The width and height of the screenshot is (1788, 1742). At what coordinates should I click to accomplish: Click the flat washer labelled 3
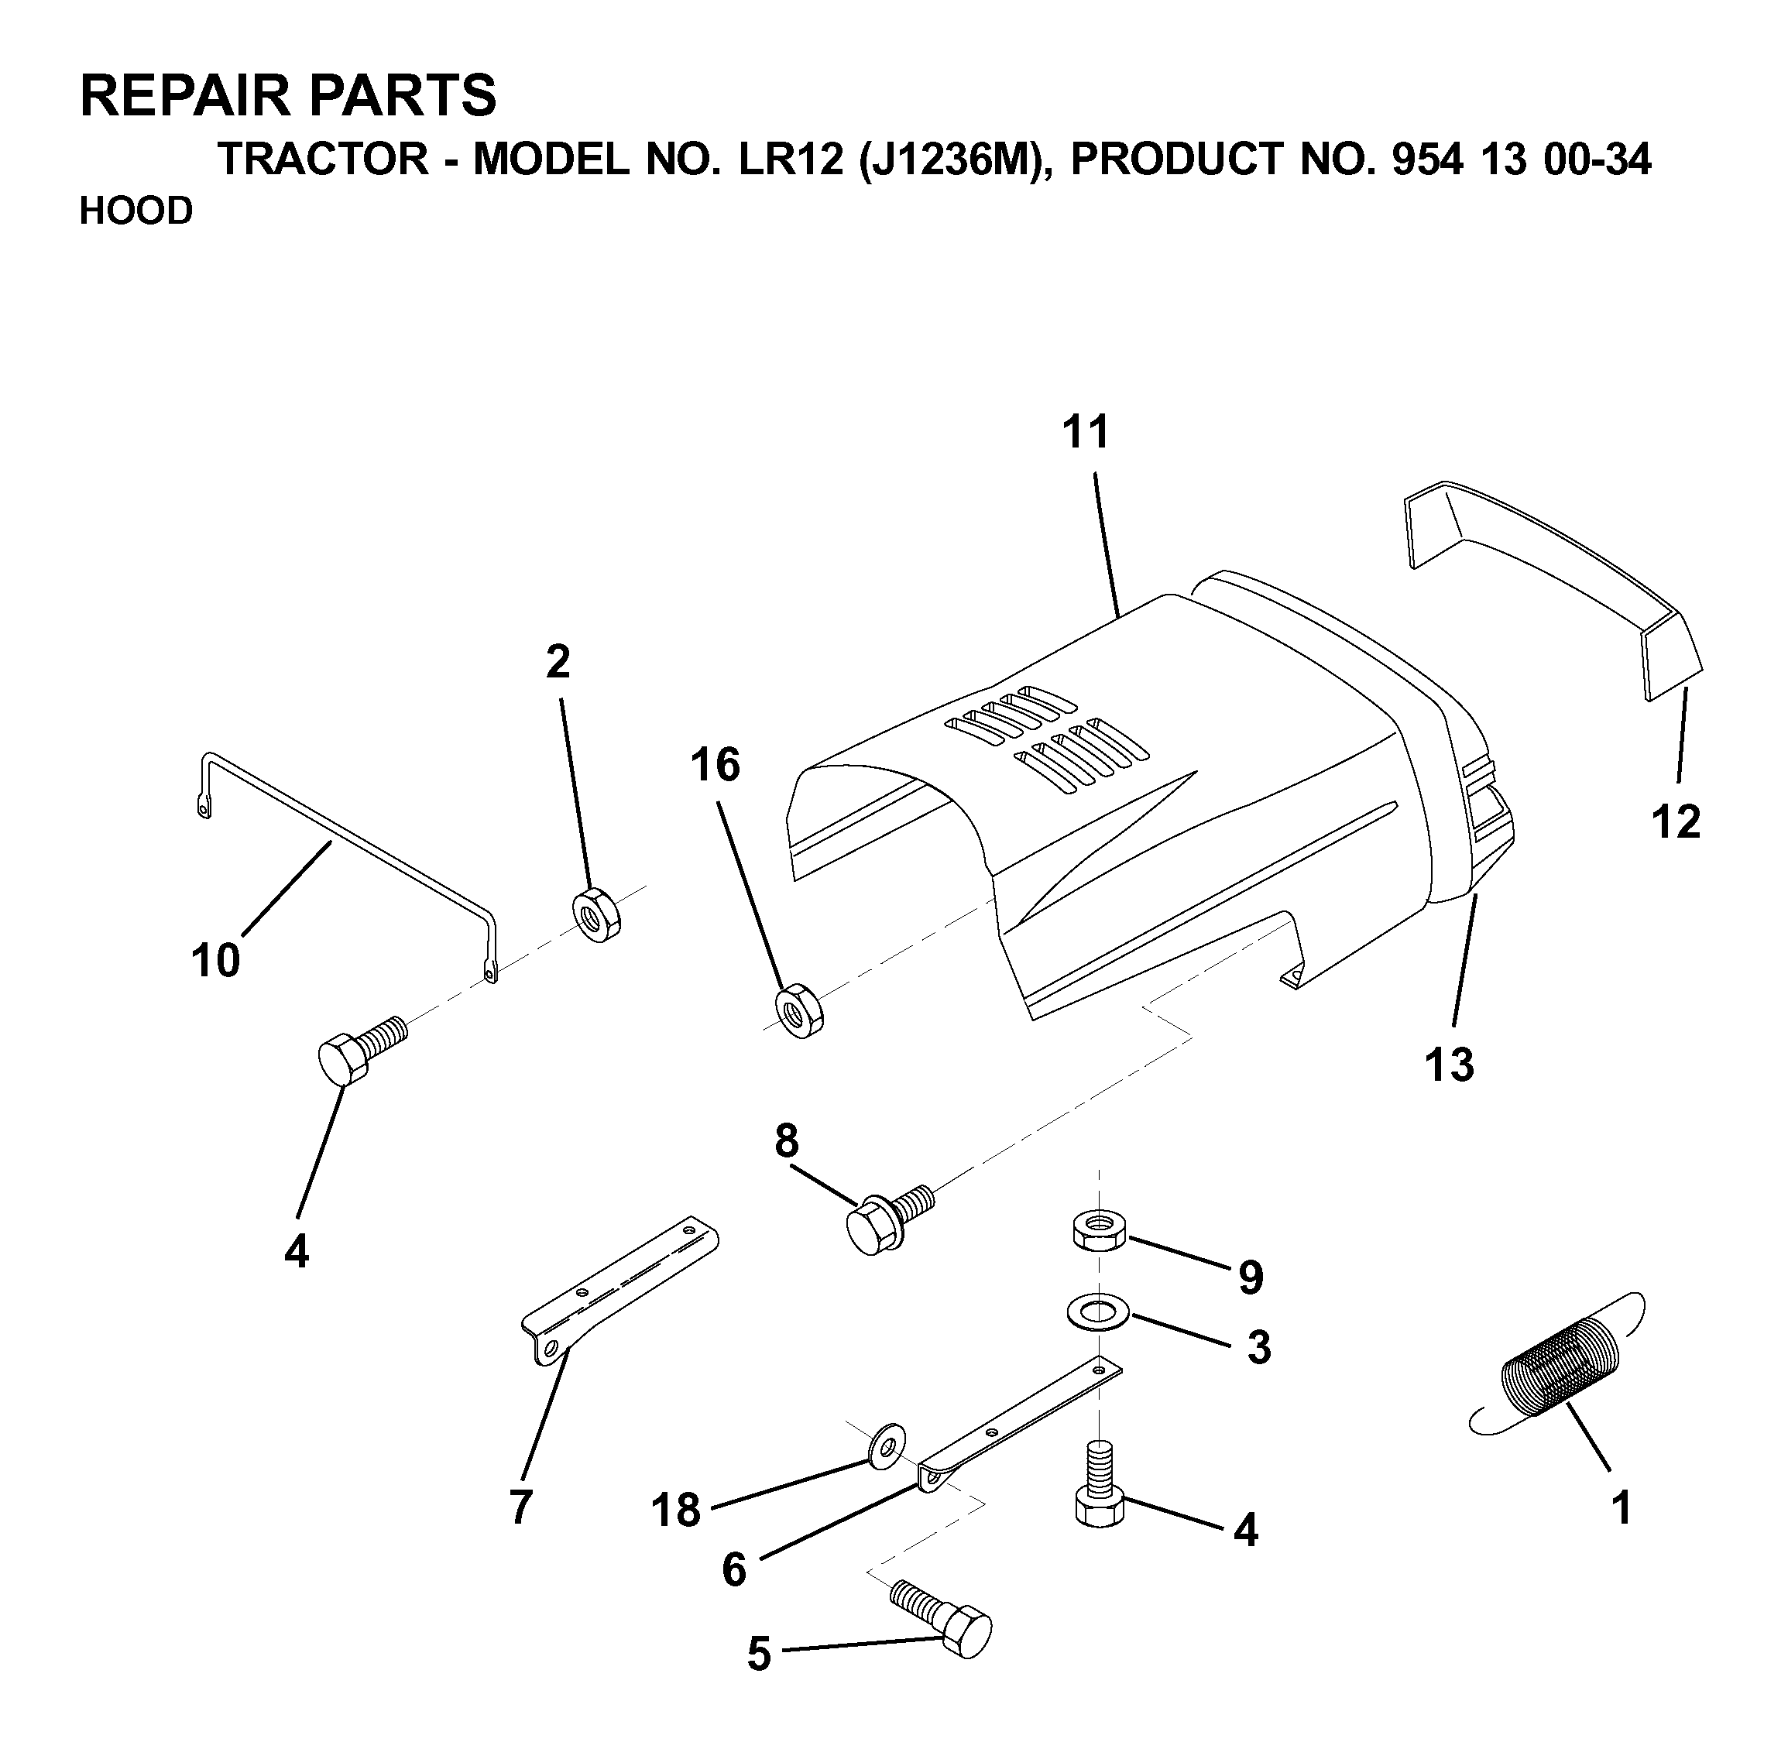[x=1098, y=1313]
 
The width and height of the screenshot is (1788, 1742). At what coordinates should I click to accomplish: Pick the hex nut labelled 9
[x=1098, y=1229]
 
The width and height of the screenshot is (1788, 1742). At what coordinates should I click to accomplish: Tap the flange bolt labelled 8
[x=887, y=1219]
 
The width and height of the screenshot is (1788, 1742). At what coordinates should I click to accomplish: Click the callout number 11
[x=1085, y=432]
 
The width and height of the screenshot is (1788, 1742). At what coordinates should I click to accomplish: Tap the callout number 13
[x=1450, y=1064]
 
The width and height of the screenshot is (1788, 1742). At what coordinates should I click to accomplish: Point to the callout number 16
[x=715, y=765]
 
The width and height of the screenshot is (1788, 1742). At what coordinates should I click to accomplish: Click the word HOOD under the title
[x=136, y=211]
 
